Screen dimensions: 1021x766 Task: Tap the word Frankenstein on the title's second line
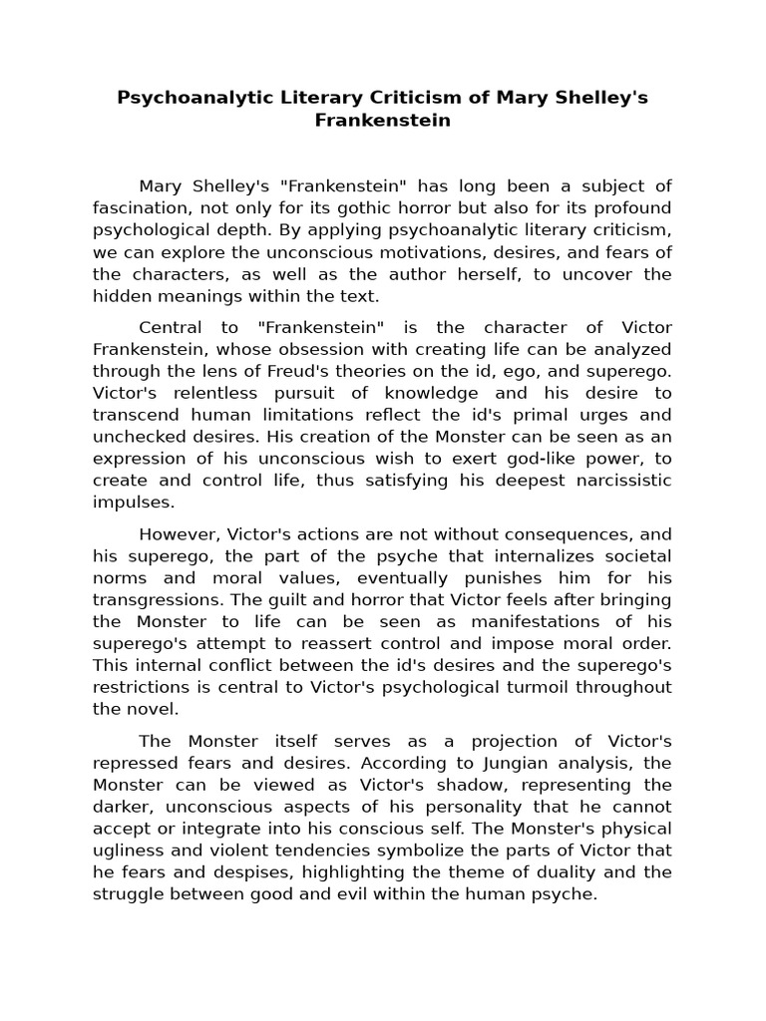383,121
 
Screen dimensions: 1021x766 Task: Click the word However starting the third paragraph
173,533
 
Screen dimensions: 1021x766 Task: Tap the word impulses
133,503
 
